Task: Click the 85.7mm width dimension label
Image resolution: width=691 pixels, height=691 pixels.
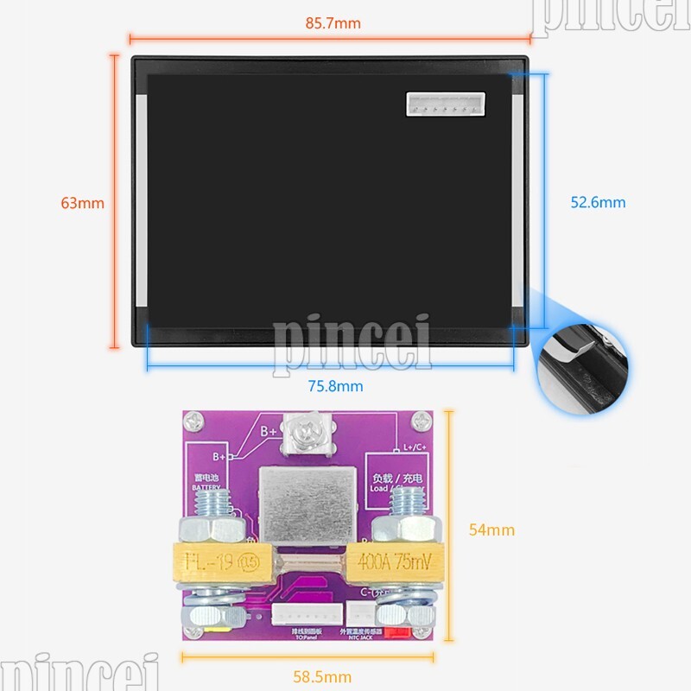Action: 333,23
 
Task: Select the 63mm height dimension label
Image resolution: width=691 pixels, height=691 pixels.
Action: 82,203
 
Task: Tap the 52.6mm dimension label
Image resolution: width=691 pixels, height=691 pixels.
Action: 598,203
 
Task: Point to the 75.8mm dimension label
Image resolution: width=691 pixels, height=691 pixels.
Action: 335,386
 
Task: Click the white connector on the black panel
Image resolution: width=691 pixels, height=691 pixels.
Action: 441,105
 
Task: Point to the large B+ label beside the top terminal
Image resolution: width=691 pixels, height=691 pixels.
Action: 268,429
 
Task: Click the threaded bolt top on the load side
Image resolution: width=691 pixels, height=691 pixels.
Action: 408,502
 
